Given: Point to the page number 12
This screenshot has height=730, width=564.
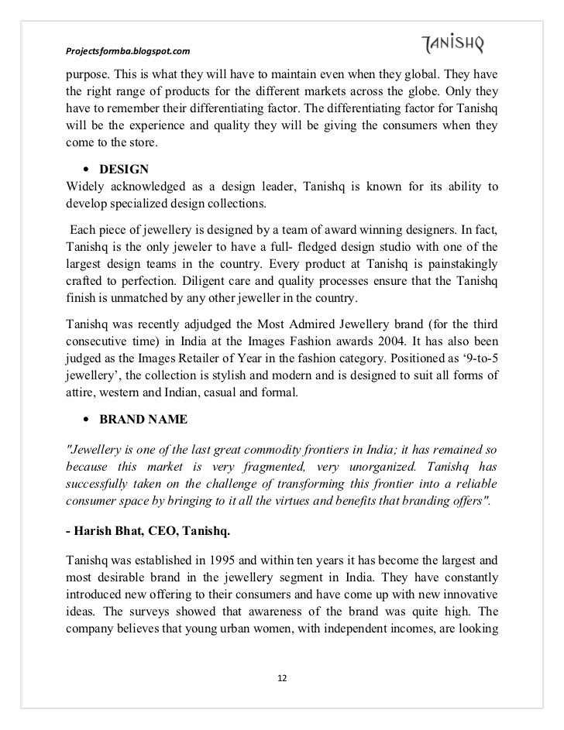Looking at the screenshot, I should (x=282, y=678).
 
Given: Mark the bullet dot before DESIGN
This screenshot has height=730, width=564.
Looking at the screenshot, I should (x=83, y=169).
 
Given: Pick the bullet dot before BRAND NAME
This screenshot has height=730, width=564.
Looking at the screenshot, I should (x=83, y=420).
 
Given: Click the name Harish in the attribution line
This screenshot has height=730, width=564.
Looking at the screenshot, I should (x=88, y=527).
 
